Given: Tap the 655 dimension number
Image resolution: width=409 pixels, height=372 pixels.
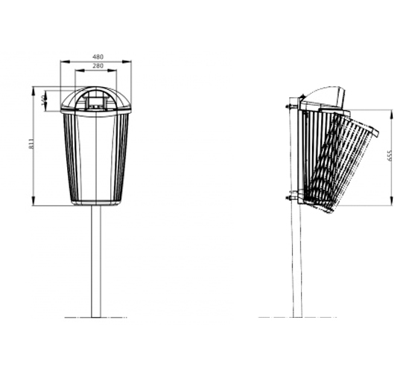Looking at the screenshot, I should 390,156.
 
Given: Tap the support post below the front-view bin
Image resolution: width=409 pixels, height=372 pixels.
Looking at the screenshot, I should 95,260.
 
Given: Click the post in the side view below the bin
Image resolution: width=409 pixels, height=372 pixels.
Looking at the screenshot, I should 297,260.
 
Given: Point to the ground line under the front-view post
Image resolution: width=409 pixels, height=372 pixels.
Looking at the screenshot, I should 95,318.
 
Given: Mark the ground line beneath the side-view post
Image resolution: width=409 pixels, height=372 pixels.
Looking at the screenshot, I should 297,318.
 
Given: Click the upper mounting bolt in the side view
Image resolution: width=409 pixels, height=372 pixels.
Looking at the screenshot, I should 288,106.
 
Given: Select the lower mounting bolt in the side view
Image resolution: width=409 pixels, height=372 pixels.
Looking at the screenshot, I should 288,198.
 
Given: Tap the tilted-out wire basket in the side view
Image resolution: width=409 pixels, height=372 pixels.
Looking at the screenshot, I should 339,164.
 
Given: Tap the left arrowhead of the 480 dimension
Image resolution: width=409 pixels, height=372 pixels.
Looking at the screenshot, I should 62,61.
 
